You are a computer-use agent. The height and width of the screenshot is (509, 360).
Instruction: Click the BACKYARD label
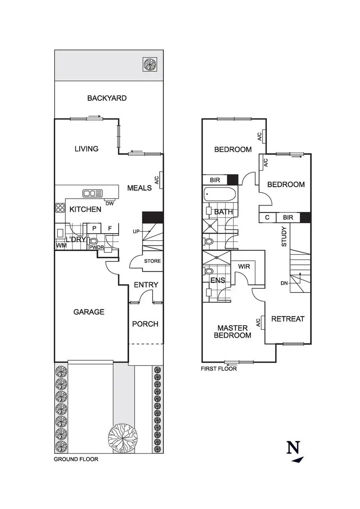click(x=107, y=98)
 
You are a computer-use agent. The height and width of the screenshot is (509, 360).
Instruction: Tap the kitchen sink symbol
click(x=93, y=193)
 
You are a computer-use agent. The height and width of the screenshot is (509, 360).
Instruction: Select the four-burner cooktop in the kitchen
click(x=60, y=208)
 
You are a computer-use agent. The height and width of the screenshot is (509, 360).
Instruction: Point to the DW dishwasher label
click(x=109, y=203)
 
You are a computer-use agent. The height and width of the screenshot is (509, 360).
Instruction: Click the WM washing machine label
click(x=61, y=246)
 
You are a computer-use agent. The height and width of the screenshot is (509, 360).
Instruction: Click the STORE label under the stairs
click(x=153, y=261)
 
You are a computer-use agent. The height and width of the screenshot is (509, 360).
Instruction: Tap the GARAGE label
click(x=89, y=312)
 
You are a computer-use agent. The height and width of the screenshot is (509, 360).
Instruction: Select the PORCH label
click(x=145, y=324)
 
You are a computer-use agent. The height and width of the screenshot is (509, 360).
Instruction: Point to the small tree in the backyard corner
click(x=149, y=64)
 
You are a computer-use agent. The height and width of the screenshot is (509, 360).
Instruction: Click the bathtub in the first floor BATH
click(x=220, y=195)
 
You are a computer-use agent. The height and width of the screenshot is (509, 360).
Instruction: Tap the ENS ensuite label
click(x=219, y=280)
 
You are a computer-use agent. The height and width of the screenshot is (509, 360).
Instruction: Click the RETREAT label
click(x=288, y=319)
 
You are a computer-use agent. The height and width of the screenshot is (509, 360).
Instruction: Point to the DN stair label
click(x=284, y=284)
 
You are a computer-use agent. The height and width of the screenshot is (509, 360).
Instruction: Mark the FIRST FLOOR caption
click(x=219, y=369)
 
